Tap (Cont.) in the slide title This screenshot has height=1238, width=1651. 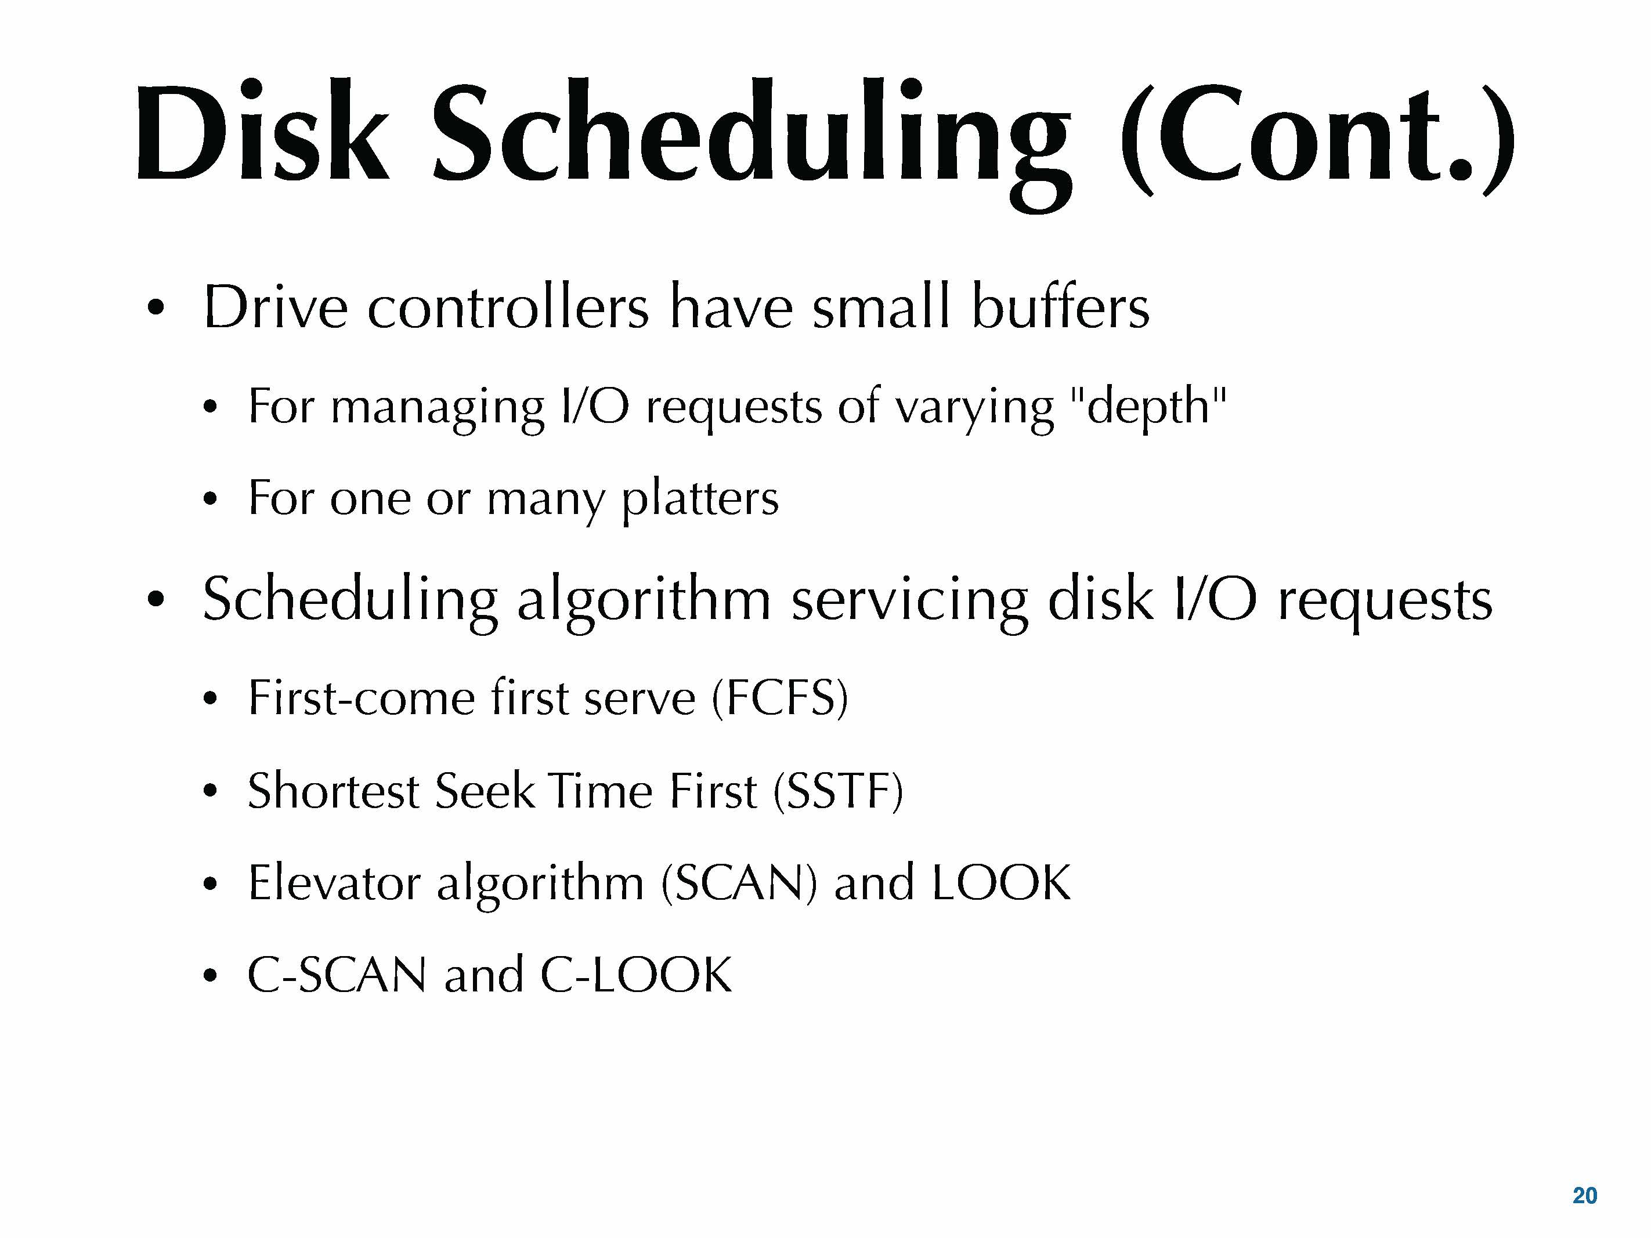pyautogui.click(x=1317, y=139)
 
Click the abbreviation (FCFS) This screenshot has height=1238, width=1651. pyautogui.click(x=780, y=698)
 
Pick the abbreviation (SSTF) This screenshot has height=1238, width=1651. pyautogui.click(x=838, y=790)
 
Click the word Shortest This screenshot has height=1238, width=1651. pyautogui.click(x=334, y=790)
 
